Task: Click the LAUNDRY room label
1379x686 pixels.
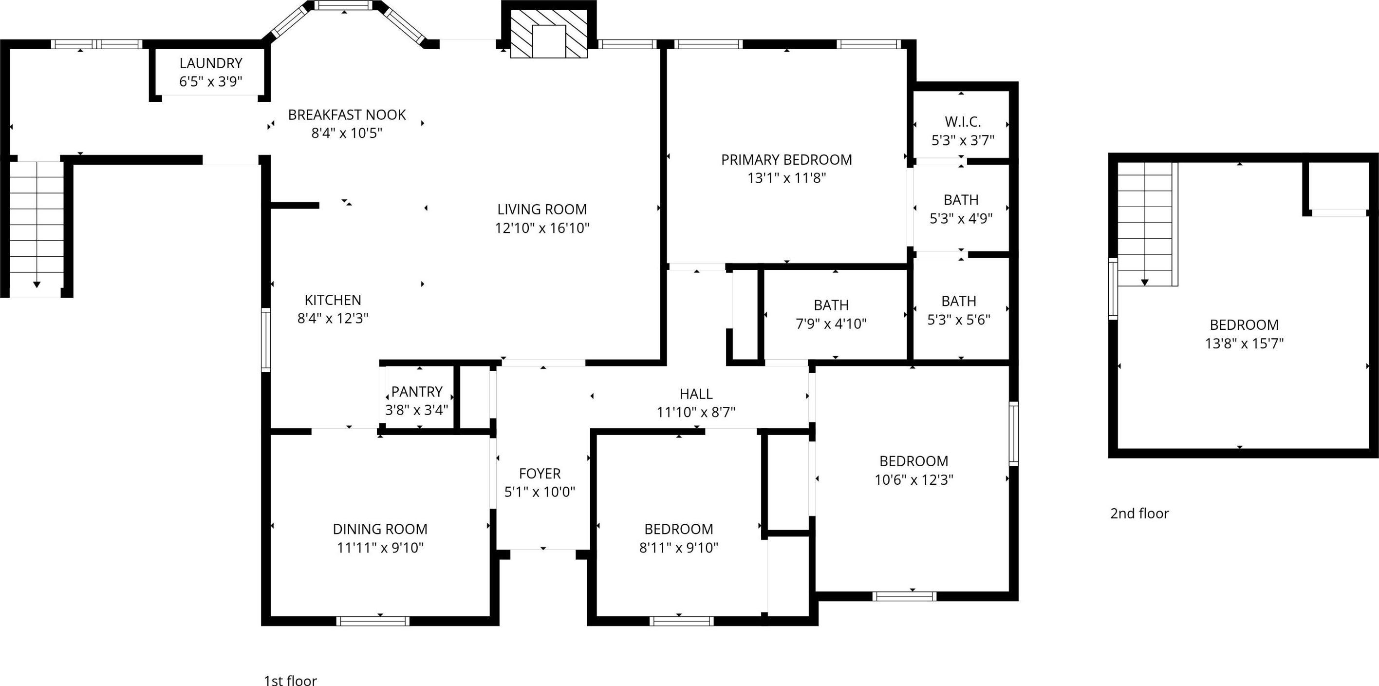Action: [x=211, y=63]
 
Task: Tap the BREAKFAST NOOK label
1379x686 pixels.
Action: [x=347, y=114]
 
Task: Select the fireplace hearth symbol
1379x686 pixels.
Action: [x=549, y=33]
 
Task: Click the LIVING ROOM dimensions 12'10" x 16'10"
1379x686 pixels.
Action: [x=542, y=228]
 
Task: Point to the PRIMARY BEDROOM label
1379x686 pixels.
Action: [x=786, y=160]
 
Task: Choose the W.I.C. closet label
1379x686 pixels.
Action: [x=963, y=122]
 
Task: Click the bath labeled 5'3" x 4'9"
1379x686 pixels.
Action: [x=961, y=200]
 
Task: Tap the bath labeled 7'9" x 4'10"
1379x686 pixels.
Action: [x=831, y=305]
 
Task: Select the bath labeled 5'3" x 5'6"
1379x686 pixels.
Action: [x=959, y=301]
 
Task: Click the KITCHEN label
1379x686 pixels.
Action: [x=333, y=300]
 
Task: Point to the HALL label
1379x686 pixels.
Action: [x=696, y=394]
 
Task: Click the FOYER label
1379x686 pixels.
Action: [x=540, y=474]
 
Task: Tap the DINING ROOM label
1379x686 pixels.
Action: [x=380, y=529]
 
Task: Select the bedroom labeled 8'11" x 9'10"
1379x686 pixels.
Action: [x=679, y=529]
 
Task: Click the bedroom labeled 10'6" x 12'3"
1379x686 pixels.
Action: [x=914, y=461]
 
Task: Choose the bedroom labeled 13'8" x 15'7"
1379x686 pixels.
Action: [x=1244, y=324]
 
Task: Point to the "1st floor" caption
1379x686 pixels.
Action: [x=290, y=681]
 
